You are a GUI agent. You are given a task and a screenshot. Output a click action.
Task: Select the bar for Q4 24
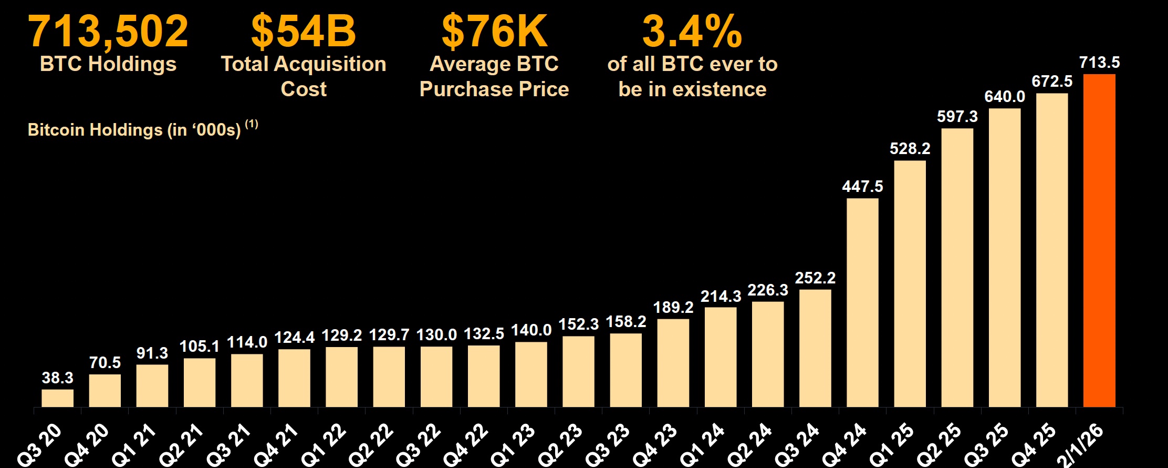pos(862,302)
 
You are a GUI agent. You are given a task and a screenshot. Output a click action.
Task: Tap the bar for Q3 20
pos(58,398)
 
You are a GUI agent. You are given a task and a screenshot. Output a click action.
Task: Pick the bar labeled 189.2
pos(673,363)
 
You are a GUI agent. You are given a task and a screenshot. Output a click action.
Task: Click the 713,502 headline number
pos(108,32)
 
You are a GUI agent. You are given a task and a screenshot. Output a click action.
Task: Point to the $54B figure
pos(304,32)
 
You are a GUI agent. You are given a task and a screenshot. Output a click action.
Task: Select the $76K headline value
pos(494,32)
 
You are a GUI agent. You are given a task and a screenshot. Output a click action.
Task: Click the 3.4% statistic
pos(692,32)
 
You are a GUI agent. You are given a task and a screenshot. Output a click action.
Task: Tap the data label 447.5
pos(862,187)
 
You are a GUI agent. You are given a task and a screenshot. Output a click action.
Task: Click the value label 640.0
pos(1004,97)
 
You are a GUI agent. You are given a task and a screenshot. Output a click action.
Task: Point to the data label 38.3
pos(58,378)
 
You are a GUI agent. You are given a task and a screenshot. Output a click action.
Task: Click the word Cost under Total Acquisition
pos(304,89)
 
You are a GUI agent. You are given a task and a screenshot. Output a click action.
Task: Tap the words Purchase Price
pos(494,89)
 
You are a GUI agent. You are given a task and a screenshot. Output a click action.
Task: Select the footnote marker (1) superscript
pos(252,124)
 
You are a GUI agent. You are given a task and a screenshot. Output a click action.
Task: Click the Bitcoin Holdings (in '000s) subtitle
pos(134,130)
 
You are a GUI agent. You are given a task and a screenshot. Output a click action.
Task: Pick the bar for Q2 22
pos(389,377)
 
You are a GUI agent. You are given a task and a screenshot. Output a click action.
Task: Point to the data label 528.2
pos(910,149)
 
